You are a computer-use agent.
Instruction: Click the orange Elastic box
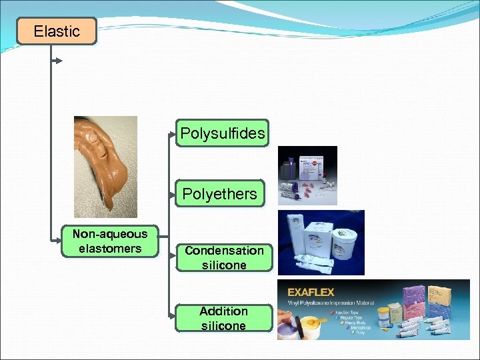57,31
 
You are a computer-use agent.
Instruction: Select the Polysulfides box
223,133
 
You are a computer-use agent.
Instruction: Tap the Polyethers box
220,194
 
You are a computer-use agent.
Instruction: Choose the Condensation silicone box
224,257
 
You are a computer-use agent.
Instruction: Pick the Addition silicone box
223,318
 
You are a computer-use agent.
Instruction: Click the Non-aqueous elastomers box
110,241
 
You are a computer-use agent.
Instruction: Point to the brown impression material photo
105,167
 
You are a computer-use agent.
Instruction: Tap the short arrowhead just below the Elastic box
59,61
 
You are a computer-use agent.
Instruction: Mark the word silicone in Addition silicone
223,326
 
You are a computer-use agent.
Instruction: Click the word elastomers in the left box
110,249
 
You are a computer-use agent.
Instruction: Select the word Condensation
224,251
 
